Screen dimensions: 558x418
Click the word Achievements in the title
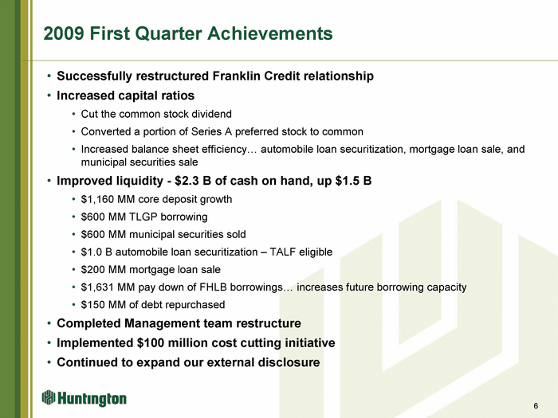pyautogui.click(x=270, y=33)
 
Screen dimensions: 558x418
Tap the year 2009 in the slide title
pyautogui.click(x=64, y=33)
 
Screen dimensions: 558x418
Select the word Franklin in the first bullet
pyautogui.click(x=236, y=76)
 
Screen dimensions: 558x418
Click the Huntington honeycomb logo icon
pyautogui.click(x=49, y=397)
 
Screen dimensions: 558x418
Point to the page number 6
pyautogui.click(x=536, y=406)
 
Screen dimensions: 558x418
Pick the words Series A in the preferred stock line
pyautogui.click(x=211, y=132)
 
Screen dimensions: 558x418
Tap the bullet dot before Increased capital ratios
pyautogui.click(x=49, y=96)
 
